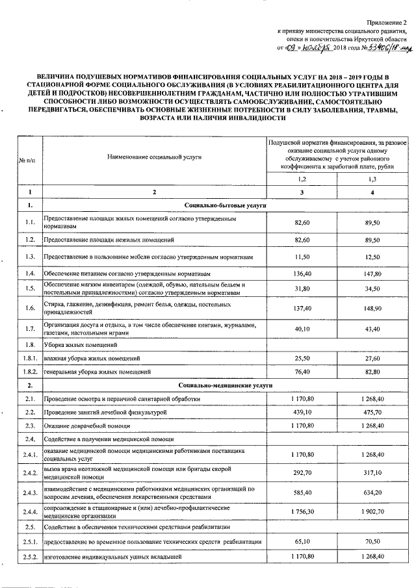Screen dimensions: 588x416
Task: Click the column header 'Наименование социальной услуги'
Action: [155, 157]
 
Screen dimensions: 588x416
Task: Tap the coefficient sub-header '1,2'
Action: [302, 179]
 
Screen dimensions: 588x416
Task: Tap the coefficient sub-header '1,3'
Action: [372, 179]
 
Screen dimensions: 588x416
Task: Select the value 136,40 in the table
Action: [302, 274]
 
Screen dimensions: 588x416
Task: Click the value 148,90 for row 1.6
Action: [372, 307]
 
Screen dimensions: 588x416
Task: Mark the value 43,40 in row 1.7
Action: [372, 329]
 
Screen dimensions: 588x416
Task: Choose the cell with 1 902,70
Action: [372, 511]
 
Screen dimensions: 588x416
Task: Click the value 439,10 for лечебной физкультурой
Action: [302, 412]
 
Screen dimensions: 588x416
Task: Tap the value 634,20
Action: [372, 492]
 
